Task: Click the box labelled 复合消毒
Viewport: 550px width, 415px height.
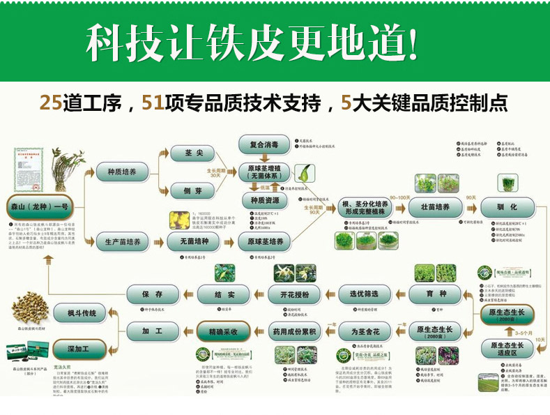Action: (263, 144)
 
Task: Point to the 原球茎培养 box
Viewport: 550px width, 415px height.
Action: (264, 242)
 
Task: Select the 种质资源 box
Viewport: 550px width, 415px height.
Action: (264, 200)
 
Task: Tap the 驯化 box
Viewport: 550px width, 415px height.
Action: (508, 207)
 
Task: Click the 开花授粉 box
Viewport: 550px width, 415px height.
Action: (293, 294)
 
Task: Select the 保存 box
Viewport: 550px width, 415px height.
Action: (152, 294)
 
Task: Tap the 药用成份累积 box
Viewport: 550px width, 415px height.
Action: (293, 329)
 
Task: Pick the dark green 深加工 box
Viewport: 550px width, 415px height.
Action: (79, 348)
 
